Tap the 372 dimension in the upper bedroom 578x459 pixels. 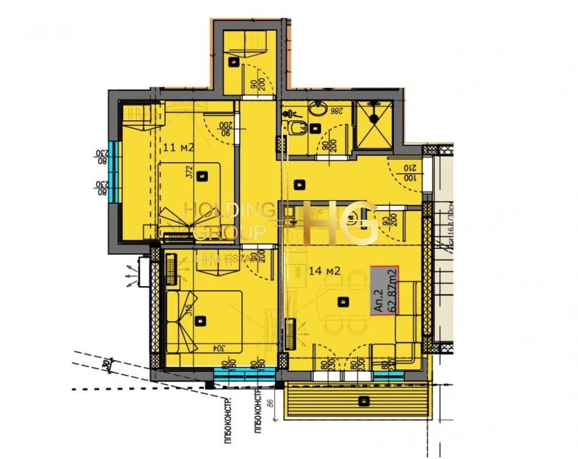click(x=189, y=173)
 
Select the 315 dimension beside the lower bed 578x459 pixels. click(x=187, y=310)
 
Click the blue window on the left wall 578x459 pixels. click(x=115, y=172)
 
